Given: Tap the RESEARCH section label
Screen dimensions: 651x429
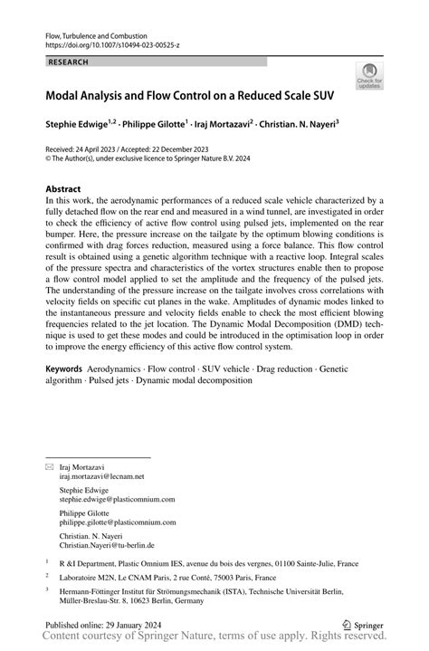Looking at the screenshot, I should (70, 62).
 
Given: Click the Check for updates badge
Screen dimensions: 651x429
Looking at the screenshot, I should (369, 77).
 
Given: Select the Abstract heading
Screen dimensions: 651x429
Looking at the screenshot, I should (64, 190).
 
